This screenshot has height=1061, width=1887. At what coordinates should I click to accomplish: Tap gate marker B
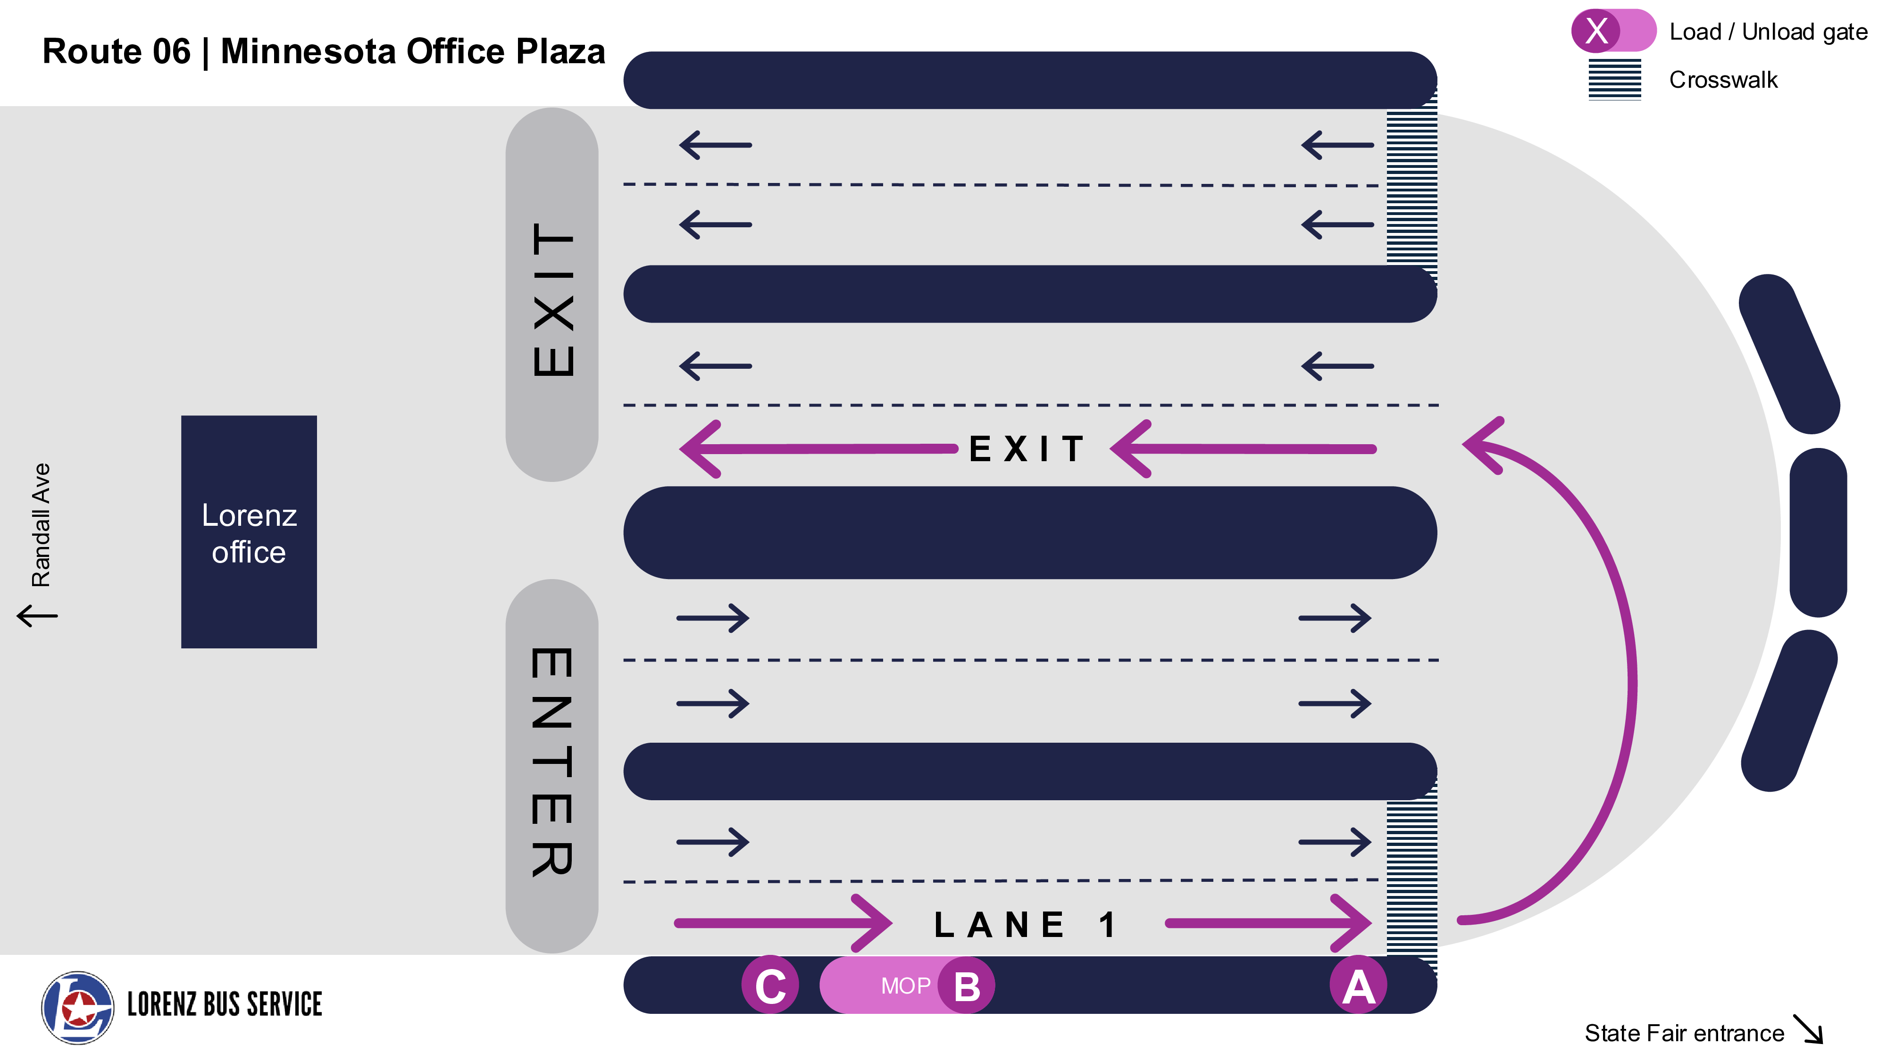966,986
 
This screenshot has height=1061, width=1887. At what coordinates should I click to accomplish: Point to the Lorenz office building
249,531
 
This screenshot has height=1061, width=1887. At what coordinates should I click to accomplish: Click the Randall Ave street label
41,525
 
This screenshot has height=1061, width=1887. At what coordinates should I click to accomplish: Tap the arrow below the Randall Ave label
37,615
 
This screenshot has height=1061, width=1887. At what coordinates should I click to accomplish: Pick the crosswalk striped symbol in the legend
1614,79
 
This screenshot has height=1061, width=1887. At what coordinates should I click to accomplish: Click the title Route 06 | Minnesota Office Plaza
324,51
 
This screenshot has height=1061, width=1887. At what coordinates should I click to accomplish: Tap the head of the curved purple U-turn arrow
1483,445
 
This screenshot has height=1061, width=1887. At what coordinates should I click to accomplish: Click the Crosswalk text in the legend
1723,79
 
